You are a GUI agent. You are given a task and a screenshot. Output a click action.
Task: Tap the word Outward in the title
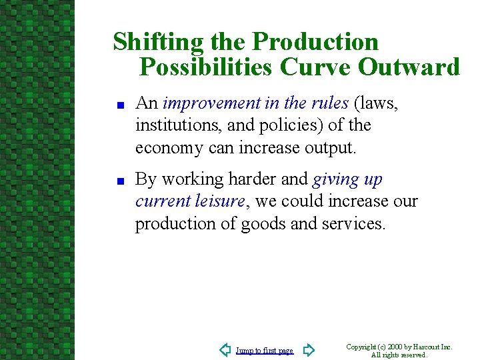click(409, 67)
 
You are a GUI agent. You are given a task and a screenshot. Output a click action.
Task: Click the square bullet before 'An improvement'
click(121, 105)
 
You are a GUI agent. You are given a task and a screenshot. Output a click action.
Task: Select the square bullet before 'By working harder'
click(121, 181)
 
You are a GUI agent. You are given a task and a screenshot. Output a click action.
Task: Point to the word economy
click(169, 148)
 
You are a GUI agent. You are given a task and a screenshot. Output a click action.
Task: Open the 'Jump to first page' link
click(265, 351)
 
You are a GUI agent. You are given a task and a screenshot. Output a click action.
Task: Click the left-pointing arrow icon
click(225, 350)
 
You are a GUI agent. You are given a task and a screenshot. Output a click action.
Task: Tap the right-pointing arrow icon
click(308, 350)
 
